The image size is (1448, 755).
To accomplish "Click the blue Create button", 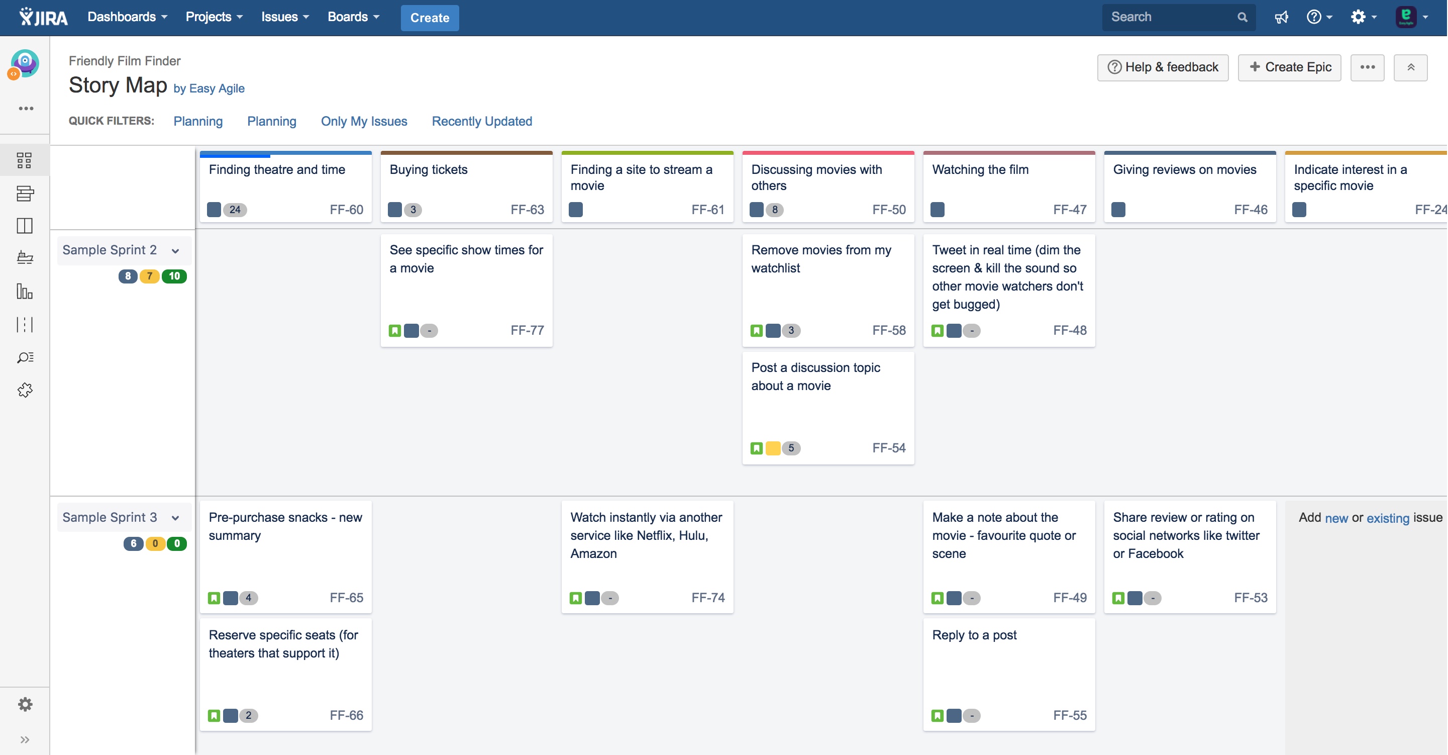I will click(430, 18).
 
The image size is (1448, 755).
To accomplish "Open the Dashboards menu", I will click(127, 17).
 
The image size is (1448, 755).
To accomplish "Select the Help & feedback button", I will click(1163, 67).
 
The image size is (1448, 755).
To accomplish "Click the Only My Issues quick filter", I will click(364, 122).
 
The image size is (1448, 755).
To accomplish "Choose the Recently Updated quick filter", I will click(482, 122).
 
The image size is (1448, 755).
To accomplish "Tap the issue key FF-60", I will click(346, 210).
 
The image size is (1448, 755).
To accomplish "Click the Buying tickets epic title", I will click(429, 170).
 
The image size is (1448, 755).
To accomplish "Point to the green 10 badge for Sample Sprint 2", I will click(174, 276).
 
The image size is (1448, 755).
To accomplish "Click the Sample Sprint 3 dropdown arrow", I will click(175, 518).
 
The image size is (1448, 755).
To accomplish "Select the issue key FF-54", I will click(889, 448).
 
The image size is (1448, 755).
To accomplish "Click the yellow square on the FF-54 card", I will click(773, 448).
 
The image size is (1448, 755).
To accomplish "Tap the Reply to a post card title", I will click(974, 635).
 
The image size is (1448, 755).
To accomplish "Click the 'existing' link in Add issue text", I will click(1387, 518).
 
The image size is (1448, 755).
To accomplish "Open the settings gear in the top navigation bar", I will click(1358, 17).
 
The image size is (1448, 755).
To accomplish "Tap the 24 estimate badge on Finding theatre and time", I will click(235, 210).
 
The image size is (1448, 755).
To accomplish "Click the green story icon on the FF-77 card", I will click(394, 331).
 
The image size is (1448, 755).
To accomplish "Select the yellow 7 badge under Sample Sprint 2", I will click(150, 276).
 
